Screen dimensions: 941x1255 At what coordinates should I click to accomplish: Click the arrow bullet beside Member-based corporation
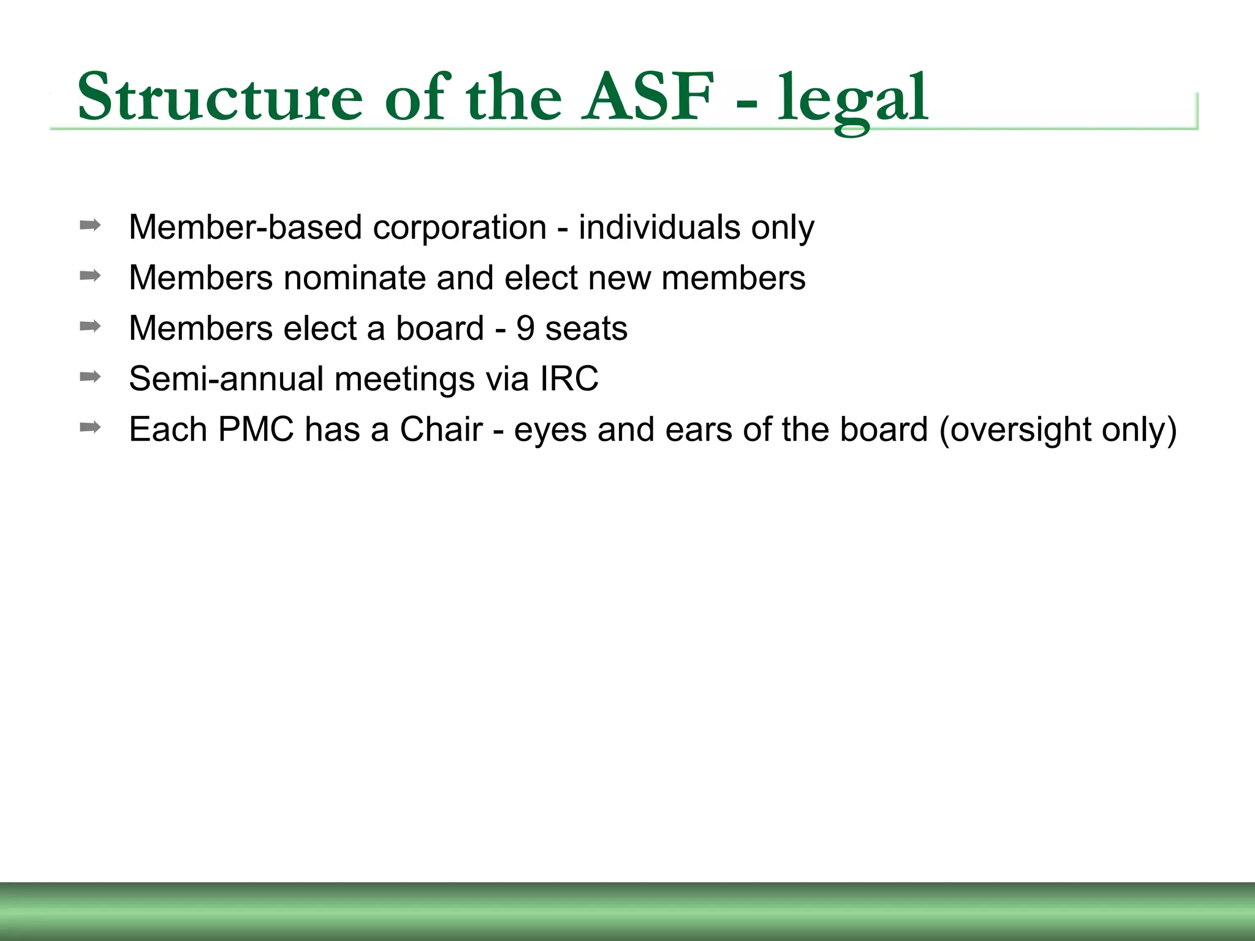pos(90,225)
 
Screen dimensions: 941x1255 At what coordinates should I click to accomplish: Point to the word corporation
pos(460,228)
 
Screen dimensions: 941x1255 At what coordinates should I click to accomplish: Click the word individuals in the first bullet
pos(659,228)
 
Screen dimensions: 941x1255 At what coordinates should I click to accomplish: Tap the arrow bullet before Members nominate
pos(90,276)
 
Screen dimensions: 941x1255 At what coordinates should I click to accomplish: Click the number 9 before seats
pos(525,328)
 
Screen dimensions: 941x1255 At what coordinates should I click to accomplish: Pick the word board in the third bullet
pos(439,328)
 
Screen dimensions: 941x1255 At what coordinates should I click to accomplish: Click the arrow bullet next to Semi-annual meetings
pos(90,377)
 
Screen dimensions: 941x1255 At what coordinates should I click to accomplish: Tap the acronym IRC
pos(569,379)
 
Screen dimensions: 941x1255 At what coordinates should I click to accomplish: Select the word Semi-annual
pos(226,379)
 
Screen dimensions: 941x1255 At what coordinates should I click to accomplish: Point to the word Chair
pos(441,429)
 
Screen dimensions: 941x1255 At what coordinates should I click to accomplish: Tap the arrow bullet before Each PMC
pos(90,427)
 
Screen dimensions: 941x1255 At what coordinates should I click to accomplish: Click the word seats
pos(586,329)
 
